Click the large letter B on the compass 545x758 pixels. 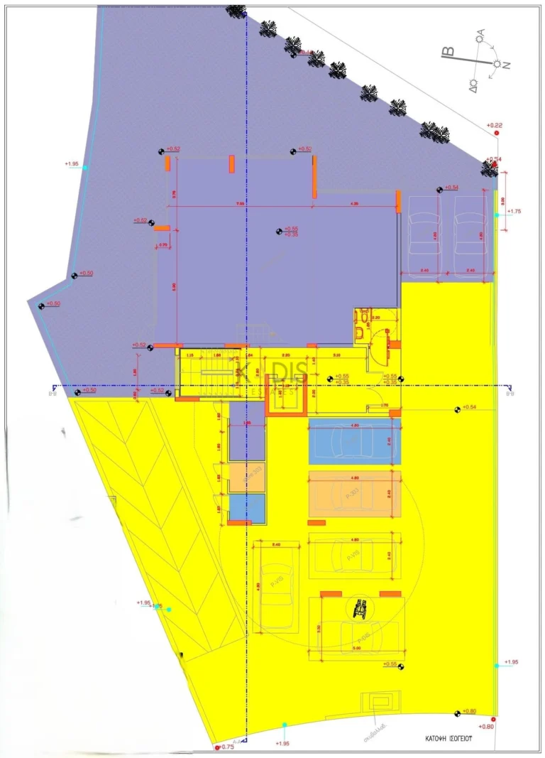tap(447, 53)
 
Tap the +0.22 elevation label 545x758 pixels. tap(495, 126)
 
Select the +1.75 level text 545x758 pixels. tap(514, 211)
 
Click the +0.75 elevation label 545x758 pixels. tap(228, 747)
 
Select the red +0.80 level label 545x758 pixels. tap(487, 726)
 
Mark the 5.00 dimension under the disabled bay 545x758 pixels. tap(357, 648)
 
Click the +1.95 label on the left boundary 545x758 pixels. tap(72, 164)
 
